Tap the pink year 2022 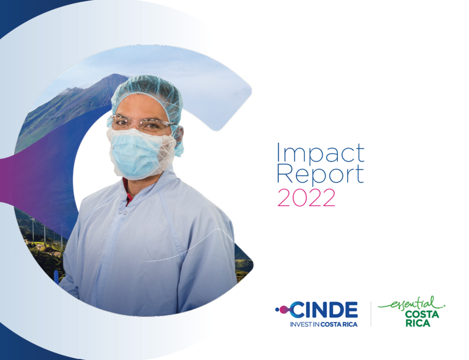tap(306, 198)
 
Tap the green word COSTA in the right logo tap(422, 315)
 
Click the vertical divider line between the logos tap(371, 314)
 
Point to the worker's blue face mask tap(137, 155)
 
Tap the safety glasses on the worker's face tap(140, 123)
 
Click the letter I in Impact tap(279, 153)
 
